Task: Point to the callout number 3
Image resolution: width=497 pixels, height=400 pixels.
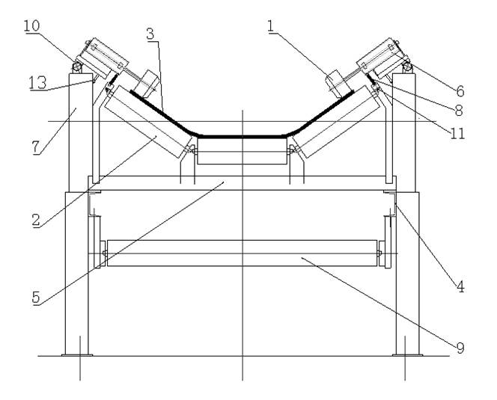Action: (x=151, y=34)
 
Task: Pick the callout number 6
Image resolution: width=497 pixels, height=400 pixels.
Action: (x=460, y=90)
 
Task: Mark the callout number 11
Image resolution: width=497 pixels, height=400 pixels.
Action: (x=458, y=133)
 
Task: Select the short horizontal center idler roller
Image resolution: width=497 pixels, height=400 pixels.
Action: (x=242, y=157)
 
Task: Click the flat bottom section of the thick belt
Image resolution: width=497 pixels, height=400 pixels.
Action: (x=242, y=137)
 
